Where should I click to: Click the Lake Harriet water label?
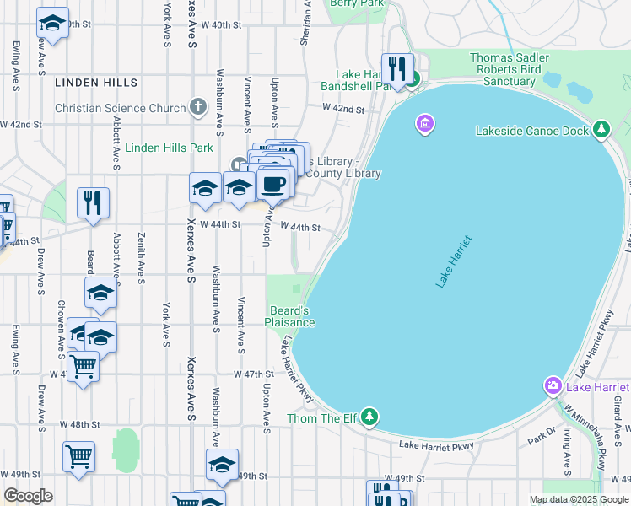point(454,262)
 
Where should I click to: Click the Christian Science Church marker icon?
point(197,107)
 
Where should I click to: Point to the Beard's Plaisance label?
point(290,316)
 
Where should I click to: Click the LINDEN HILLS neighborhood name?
point(95,83)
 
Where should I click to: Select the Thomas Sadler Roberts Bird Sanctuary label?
point(510,69)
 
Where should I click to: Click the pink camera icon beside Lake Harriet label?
point(553,386)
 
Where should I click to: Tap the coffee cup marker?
point(272,184)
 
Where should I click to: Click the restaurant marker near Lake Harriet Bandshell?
point(396,67)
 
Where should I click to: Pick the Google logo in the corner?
point(28,496)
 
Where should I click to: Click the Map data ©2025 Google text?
point(578,499)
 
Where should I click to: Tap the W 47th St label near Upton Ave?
point(254,374)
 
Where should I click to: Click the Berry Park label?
point(358,3)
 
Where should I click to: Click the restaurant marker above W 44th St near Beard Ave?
point(93,201)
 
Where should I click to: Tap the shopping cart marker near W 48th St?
point(78,455)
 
